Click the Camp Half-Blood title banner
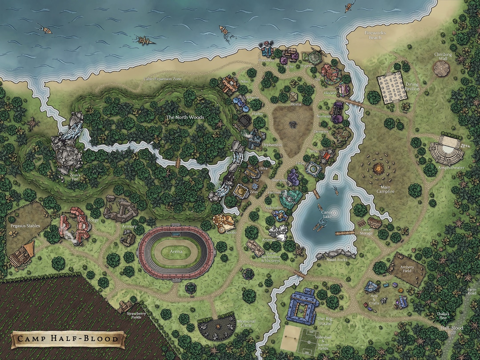point(67,339)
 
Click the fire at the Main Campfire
point(379,168)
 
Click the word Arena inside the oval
point(176,252)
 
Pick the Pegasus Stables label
point(25,226)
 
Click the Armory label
point(129,226)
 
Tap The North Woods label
point(185,117)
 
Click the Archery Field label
point(408,269)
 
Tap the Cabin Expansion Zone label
point(163,79)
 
